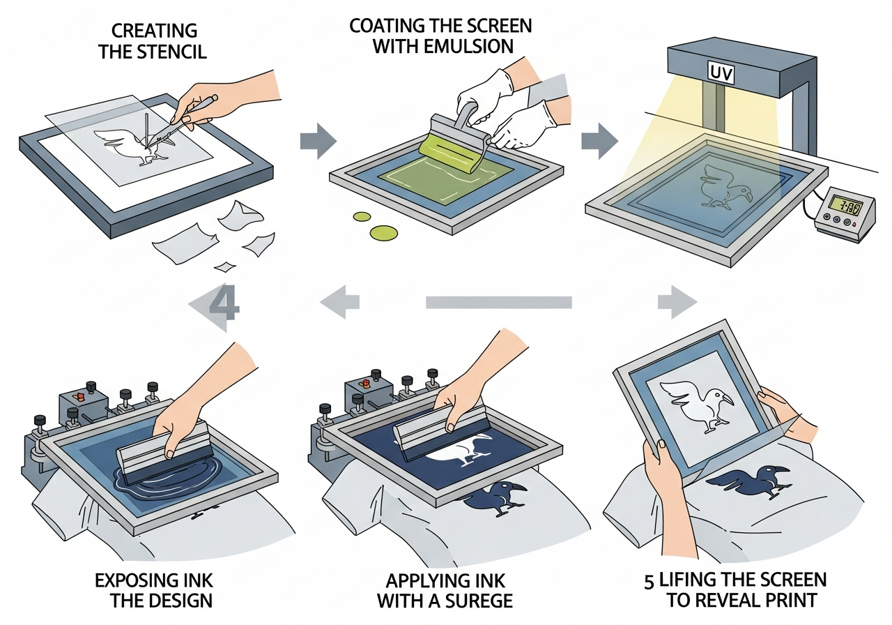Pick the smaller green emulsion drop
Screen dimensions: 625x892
pyautogui.click(x=361, y=216)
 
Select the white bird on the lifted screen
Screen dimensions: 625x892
pyautogui.click(x=697, y=403)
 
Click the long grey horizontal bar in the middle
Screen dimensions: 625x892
pyautogui.click(x=498, y=302)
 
